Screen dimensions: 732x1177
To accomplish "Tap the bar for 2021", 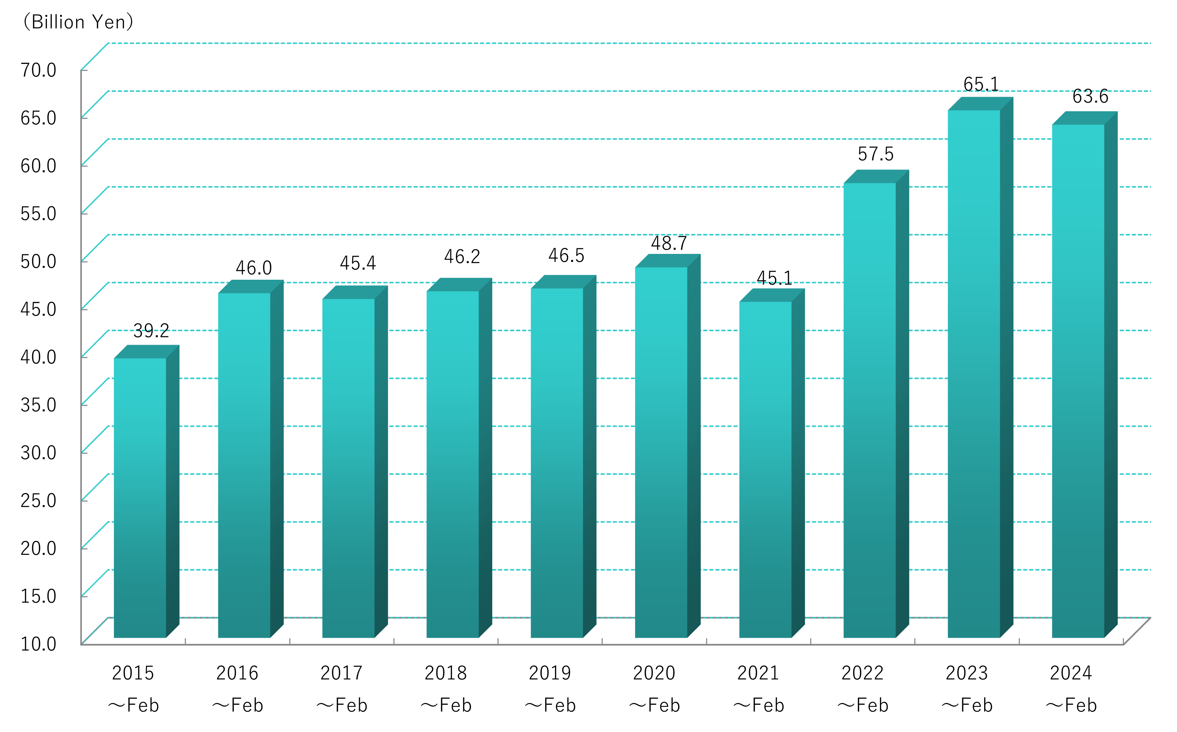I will click(x=765, y=470).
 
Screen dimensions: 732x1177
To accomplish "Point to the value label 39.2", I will click(x=151, y=331).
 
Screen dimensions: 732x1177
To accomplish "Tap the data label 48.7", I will click(x=669, y=243).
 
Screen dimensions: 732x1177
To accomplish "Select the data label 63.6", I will click(x=1090, y=97).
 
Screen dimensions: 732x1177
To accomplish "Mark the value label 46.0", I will click(x=254, y=268).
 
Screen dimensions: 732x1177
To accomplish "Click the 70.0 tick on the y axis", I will click(x=38, y=70).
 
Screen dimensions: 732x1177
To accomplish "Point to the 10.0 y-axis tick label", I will click(x=38, y=644).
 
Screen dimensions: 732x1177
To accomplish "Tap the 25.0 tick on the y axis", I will click(x=38, y=500).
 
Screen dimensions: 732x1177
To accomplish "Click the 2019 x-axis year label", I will click(x=550, y=673).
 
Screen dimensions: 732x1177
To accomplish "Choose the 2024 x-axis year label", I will click(x=1070, y=673).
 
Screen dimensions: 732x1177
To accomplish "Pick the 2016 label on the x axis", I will click(x=237, y=673).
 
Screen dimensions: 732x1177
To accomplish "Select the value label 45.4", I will click(x=358, y=263).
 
